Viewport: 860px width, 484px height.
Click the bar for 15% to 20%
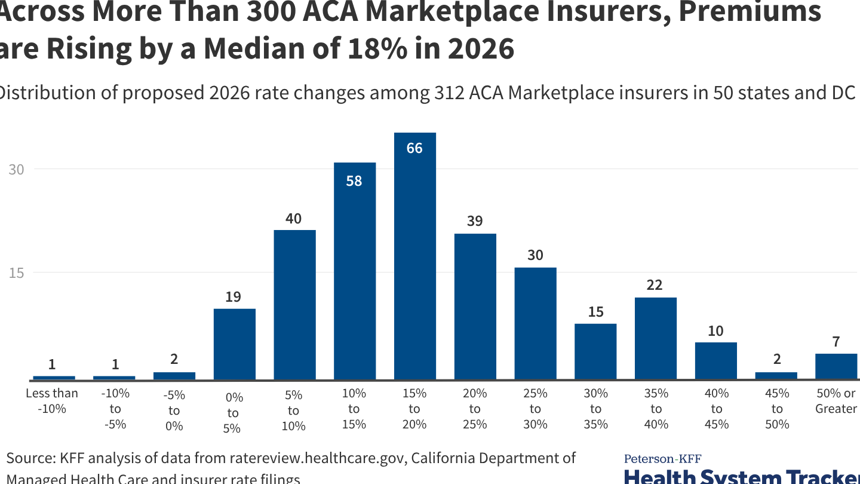tap(414, 257)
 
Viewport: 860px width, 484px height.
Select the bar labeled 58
tap(354, 272)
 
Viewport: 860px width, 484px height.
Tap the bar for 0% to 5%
tap(234, 344)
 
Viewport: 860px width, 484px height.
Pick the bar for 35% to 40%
tap(655, 339)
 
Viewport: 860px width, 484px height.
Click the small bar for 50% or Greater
tap(836, 366)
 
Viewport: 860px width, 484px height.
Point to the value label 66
tap(414, 148)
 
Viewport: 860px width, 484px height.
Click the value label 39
tap(475, 221)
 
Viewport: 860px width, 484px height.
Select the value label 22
tap(655, 285)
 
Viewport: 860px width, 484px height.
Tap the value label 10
tap(715, 330)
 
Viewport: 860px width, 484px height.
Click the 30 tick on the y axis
tap(16, 170)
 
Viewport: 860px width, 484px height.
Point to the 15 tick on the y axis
tap(16, 273)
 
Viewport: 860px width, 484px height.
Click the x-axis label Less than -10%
tap(52, 401)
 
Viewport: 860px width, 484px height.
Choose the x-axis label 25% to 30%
tap(535, 409)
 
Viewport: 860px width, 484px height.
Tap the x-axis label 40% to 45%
tap(716, 409)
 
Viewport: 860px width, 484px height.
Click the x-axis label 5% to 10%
tap(293, 411)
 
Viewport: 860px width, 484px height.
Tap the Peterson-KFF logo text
tap(662, 459)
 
